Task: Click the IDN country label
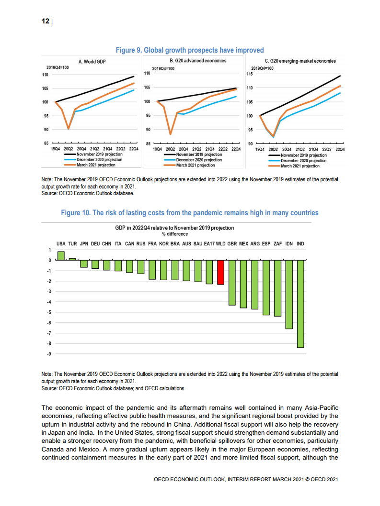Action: pos(289,243)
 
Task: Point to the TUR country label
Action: pos(72,243)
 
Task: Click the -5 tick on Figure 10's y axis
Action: pos(49,312)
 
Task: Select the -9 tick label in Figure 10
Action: pos(49,354)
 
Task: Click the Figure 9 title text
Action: pos(190,50)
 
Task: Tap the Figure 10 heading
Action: pos(190,213)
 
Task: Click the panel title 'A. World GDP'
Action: pos(92,61)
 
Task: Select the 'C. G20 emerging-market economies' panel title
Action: pos(300,61)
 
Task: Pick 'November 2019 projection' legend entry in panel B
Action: pos(199,155)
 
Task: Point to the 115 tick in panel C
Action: pos(249,74)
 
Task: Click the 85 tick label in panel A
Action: pos(46,143)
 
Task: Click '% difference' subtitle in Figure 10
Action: pos(174,234)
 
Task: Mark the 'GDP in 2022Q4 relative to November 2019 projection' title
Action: pos(174,228)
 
